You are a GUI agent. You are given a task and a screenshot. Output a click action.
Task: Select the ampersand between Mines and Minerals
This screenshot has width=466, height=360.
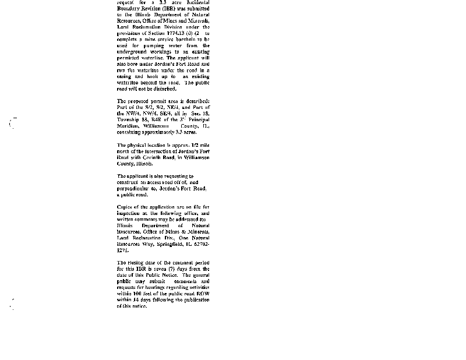click(x=176, y=232)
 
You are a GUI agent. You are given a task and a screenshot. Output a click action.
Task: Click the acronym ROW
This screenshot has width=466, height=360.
click(x=202, y=294)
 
